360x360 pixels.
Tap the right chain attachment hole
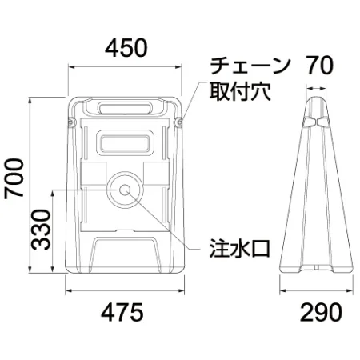(x=178, y=122)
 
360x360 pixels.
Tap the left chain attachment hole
(x=70, y=122)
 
